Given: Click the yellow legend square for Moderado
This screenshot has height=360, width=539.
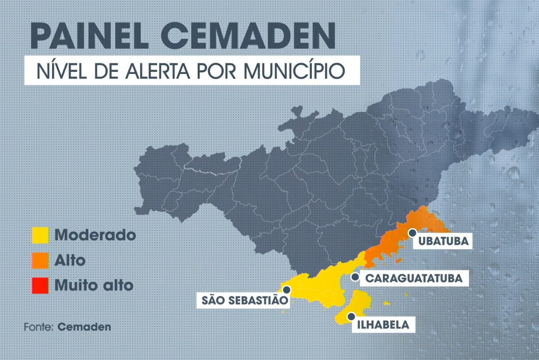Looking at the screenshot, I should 40,235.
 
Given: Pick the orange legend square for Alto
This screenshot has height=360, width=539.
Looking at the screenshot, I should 40,260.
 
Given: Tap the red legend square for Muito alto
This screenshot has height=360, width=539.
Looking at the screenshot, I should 40,285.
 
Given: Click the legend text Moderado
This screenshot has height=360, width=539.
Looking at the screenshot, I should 95,235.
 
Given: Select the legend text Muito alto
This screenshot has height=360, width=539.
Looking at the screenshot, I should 94,285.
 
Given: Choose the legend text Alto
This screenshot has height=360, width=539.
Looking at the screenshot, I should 70,260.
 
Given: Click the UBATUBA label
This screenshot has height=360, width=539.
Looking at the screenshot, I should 443,241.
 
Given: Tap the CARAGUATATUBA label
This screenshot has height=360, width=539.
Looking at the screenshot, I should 414,279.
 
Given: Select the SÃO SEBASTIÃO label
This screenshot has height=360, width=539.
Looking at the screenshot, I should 242,300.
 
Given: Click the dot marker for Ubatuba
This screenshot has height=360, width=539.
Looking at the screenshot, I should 412,232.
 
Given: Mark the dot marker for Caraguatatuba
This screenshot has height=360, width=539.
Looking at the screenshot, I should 355,277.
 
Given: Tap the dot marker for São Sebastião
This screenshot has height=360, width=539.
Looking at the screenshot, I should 287,290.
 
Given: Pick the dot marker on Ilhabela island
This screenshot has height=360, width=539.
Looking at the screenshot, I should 351,316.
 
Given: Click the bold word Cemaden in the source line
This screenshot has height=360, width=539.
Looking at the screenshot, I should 84,327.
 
